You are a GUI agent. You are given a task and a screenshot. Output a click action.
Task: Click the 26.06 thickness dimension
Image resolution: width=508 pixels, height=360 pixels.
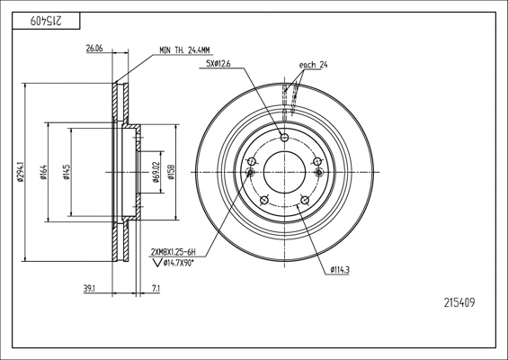click(94, 49)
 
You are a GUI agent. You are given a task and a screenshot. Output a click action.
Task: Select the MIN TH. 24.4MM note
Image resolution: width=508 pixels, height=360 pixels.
click(184, 50)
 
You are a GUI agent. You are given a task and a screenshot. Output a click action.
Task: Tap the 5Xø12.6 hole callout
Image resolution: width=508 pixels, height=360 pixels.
click(218, 64)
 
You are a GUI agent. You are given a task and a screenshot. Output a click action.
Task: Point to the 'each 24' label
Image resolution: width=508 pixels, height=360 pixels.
click(313, 65)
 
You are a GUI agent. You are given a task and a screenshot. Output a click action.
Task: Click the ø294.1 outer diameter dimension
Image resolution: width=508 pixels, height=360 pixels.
click(21, 172)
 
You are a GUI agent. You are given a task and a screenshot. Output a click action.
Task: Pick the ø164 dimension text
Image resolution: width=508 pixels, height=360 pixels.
click(43, 172)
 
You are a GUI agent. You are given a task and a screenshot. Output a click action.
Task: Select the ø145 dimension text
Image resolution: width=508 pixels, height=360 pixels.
click(67, 172)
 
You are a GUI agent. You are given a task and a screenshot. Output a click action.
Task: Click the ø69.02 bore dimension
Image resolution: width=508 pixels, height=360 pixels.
click(156, 172)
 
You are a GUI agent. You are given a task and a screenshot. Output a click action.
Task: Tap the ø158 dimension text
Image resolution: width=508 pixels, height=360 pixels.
click(171, 172)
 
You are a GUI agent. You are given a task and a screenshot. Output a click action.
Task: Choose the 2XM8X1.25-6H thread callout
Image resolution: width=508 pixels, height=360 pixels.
click(174, 252)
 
